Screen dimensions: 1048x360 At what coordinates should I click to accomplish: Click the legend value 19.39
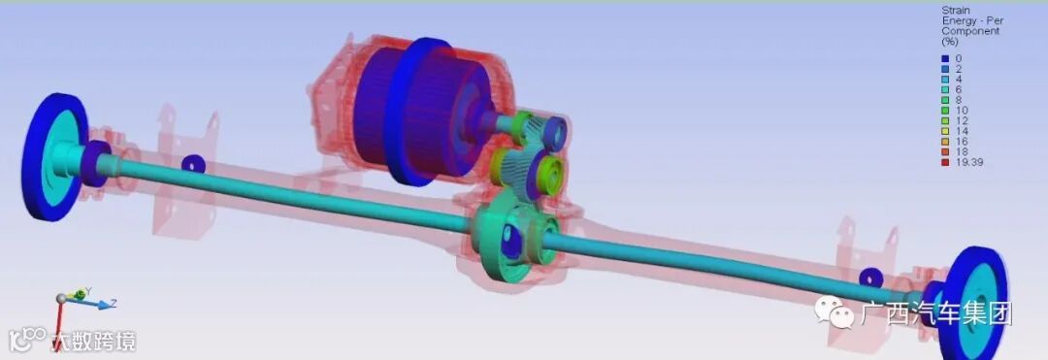point(969,162)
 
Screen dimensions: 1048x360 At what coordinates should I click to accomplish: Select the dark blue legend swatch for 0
point(946,59)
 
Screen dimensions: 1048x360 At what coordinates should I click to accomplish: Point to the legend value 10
point(962,111)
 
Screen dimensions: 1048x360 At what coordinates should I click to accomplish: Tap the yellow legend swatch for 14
point(946,131)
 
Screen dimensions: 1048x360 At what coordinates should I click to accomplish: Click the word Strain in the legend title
point(956,11)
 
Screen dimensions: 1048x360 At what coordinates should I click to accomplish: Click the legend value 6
point(959,89)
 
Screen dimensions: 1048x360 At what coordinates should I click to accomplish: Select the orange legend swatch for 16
point(946,142)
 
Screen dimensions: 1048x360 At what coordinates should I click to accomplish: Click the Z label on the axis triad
point(113,303)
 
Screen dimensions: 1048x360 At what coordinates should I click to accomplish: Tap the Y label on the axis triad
point(88,290)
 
